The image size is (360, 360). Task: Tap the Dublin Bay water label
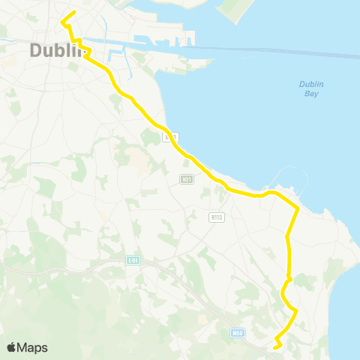(310, 88)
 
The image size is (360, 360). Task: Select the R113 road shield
(217, 217)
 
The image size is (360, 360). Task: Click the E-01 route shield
(133, 260)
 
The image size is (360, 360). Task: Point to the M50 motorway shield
(238, 331)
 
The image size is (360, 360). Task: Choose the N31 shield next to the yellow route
(171, 137)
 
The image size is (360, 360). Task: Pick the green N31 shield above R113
(187, 179)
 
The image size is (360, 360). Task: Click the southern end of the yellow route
(275, 346)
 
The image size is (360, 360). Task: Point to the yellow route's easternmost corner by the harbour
(298, 208)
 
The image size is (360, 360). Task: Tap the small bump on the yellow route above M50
(289, 280)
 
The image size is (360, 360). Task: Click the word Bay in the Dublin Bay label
(311, 94)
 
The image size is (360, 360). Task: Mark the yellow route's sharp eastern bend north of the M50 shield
(296, 310)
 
